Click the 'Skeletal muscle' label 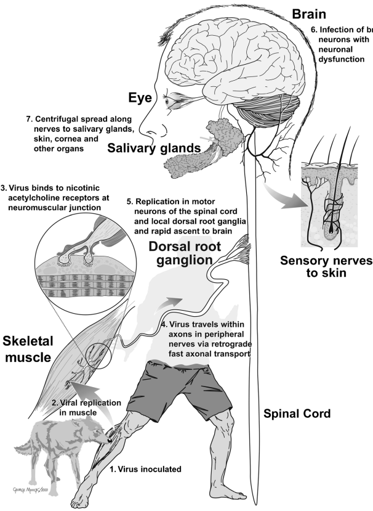click(x=28, y=350)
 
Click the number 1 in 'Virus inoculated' click(x=113, y=469)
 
